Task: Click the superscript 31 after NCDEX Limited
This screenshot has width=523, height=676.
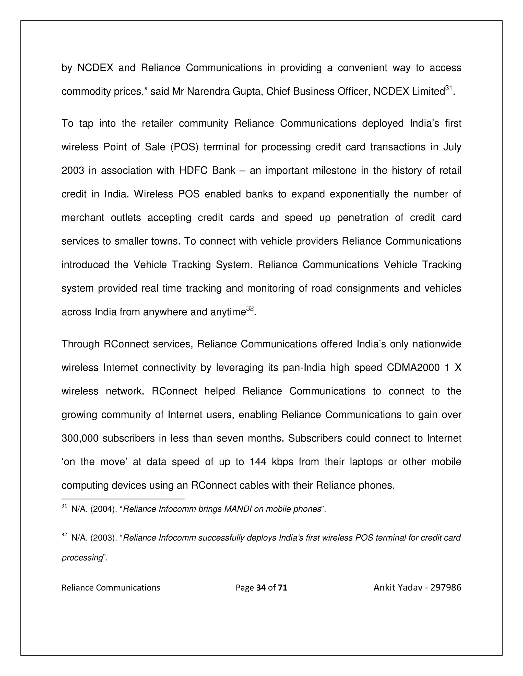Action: (x=449, y=88)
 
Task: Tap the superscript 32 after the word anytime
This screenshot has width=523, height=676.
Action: (x=250, y=309)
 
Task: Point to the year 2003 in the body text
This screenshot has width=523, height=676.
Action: (x=73, y=171)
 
